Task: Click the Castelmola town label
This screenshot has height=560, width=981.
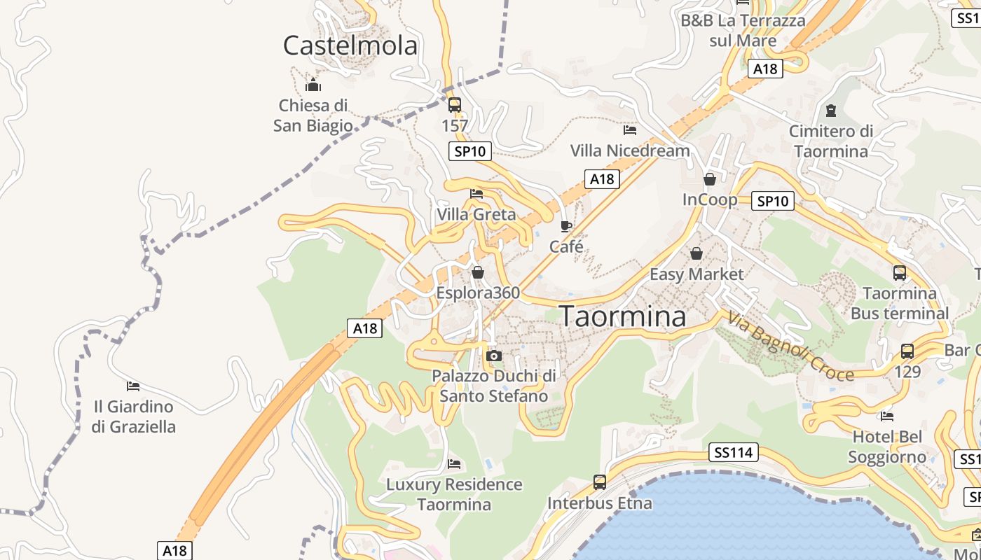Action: (x=350, y=45)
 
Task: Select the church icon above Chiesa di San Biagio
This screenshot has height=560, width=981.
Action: (x=313, y=85)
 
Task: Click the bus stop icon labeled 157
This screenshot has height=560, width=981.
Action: (x=455, y=105)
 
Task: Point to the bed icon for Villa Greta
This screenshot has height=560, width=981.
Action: (x=476, y=193)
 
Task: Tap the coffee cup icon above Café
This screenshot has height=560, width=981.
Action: (x=566, y=225)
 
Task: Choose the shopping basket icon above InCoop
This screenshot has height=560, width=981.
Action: (x=710, y=179)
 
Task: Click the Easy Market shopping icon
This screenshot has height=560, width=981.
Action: (x=697, y=253)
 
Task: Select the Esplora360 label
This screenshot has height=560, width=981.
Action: (x=478, y=292)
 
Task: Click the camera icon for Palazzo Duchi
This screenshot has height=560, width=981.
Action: (x=494, y=356)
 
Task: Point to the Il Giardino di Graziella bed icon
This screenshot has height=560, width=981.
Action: (x=133, y=386)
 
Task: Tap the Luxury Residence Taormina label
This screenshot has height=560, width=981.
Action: (x=454, y=494)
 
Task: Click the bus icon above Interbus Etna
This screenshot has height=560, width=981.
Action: (x=600, y=482)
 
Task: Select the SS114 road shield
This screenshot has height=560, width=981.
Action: (x=734, y=453)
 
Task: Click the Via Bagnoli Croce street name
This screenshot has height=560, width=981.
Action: (x=791, y=347)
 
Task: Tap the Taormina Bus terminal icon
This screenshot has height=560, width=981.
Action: (x=900, y=273)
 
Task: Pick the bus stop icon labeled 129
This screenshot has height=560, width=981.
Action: (x=907, y=351)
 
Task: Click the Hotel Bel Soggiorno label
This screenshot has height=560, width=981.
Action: (x=887, y=447)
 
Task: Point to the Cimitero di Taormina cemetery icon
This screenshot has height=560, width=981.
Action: (x=831, y=111)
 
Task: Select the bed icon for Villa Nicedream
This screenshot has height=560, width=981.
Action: (x=630, y=129)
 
